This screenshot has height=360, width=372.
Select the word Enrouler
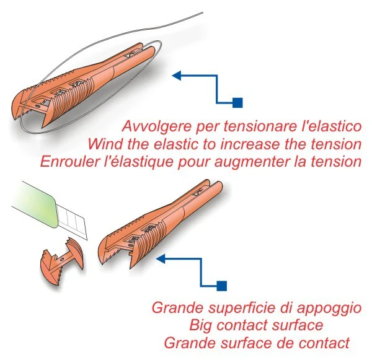click(x=66, y=162)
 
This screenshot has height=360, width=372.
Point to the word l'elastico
click(x=331, y=128)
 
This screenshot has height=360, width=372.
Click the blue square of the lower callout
click(x=222, y=286)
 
